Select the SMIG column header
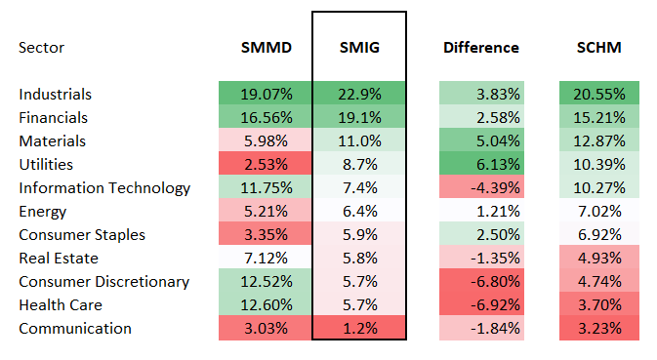click(x=358, y=47)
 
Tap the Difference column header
click(x=481, y=47)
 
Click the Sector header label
click(x=43, y=47)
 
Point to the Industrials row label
click(x=55, y=95)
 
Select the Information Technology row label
click(x=104, y=188)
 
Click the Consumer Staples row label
click(x=81, y=235)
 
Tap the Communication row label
click(x=74, y=328)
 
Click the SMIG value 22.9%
click(x=358, y=95)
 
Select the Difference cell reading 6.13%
click(x=481, y=165)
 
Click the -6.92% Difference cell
click(x=481, y=304)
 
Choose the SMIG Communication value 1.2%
click(x=358, y=328)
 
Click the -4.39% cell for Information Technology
click(x=481, y=188)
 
